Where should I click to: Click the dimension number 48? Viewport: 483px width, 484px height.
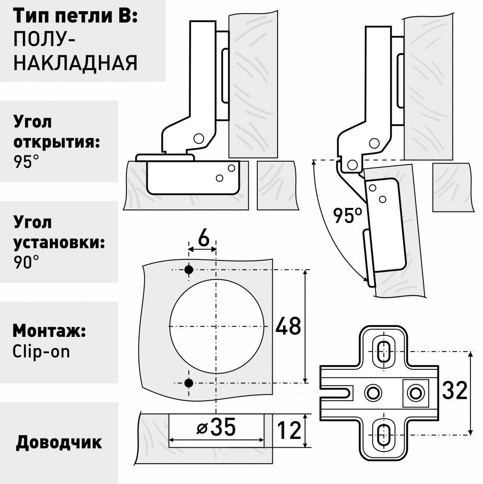[288, 326]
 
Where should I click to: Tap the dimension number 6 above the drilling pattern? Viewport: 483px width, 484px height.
[203, 238]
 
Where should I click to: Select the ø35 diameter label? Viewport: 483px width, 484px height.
[217, 427]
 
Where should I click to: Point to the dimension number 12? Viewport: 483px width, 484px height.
[289, 431]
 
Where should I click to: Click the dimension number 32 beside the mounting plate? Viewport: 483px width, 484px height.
[454, 391]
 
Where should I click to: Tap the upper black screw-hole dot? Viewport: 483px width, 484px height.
[188, 270]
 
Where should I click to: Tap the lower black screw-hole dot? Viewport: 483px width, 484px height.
[188, 383]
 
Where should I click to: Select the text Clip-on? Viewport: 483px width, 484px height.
[41, 351]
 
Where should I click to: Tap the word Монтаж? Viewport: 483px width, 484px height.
[49, 331]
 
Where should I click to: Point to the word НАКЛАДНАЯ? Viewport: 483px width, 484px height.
[76, 62]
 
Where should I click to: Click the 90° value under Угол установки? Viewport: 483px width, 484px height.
[26, 263]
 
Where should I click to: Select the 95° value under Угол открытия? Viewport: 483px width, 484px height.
[26, 162]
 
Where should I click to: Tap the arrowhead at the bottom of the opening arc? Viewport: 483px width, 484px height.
[367, 279]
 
